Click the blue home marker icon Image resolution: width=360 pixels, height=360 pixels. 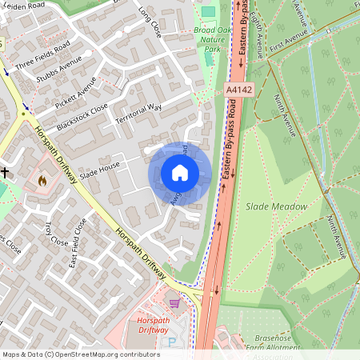[180, 173]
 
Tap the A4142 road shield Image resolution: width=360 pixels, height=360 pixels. [239, 90]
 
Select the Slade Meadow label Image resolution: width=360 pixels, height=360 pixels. [276, 206]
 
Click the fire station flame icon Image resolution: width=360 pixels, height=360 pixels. [42, 181]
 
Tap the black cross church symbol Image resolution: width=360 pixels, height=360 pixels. [5, 171]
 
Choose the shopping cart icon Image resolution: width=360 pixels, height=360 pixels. [174, 302]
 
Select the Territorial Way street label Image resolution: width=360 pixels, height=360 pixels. [139, 118]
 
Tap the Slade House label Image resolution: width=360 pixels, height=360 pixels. [99, 164]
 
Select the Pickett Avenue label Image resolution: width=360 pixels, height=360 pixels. [80, 93]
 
